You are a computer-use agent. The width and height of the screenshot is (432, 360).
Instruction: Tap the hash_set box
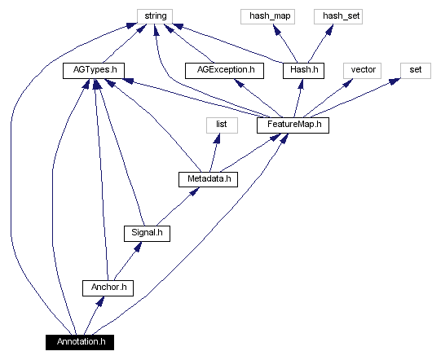coord(337,15)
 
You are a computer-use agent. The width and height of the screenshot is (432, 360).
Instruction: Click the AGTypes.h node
coord(90,71)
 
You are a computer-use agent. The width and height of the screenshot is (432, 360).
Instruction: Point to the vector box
coord(363,71)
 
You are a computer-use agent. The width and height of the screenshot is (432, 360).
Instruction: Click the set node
coord(415,71)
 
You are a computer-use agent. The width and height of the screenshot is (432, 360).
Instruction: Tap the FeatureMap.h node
coord(293,125)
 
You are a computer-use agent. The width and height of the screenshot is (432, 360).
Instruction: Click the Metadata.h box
coord(207,178)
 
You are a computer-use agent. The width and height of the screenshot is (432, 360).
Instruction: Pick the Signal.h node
coord(147,233)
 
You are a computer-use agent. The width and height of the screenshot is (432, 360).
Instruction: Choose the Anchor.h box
coord(107,288)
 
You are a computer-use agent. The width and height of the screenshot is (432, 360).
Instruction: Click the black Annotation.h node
coord(80,341)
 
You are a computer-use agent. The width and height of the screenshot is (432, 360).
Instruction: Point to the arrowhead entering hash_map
coord(277,29)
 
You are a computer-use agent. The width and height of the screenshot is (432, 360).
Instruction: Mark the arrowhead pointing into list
coord(215,138)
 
